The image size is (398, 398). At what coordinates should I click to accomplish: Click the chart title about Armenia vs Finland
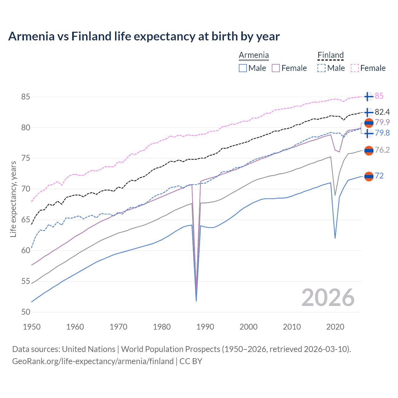pos(144,36)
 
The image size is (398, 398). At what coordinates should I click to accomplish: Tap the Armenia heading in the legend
pos(254,55)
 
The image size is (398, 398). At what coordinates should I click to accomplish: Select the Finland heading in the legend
pos(331,55)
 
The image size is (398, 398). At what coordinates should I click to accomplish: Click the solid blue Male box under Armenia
pos(243,68)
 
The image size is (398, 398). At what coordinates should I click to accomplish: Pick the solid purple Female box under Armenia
pos(276,68)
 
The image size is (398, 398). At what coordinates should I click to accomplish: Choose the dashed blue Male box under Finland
pos(322,68)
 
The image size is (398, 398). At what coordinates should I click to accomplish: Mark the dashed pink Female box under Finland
pos(355,68)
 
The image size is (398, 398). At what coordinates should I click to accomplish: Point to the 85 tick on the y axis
pos(25,97)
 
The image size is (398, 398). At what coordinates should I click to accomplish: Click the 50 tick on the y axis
pos(25,312)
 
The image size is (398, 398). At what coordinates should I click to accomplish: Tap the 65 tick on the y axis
pos(25,220)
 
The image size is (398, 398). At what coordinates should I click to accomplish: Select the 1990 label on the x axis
pos(205,327)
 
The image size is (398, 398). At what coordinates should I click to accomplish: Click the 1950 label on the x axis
pos(32,327)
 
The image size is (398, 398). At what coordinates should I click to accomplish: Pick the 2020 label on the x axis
pos(335,327)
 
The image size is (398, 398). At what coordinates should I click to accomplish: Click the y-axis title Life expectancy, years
pos(13,199)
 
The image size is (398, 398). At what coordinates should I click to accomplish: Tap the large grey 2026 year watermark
pos(328,298)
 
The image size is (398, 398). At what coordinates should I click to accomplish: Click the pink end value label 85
pos(379,96)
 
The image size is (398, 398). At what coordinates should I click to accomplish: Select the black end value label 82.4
pos(382,112)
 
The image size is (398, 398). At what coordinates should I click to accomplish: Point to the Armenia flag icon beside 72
pos(368,176)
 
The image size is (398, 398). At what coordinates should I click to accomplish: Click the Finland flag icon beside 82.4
pos(368,112)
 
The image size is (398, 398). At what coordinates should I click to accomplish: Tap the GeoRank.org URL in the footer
pos(93,361)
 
